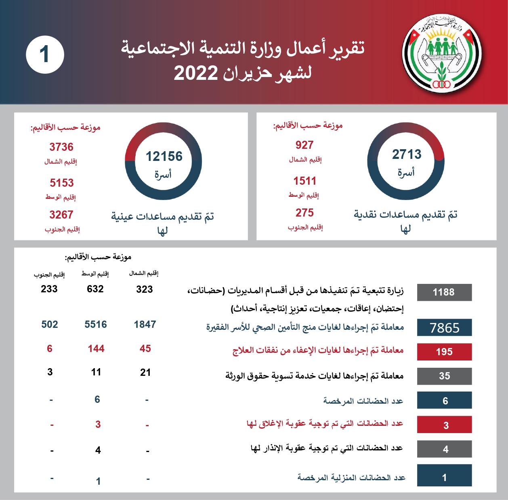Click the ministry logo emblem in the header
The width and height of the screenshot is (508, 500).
click(x=442, y=54)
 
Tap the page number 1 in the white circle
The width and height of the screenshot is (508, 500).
click(x=45, y=54)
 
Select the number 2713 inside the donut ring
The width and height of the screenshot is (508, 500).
click(x=407, y=154)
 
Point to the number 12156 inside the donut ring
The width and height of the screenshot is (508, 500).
click(x=164, y=156)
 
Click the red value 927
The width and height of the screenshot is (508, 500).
click(x=304, y=145)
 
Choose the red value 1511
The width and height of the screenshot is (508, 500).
click(x=305, y=181)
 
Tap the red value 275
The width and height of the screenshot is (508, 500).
click(x=304, y=213)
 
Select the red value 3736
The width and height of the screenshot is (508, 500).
click(x=61, y=147)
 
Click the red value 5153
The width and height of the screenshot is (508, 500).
click(x=62, y=183)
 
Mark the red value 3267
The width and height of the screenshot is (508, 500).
click(x=61, y=215)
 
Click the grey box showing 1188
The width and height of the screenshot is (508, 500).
click(x=444, y=292)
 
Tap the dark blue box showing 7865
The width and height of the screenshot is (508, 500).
click(x=444, y=328)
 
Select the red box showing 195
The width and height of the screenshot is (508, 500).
click(x=444, y=352)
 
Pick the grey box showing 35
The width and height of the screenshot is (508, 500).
click(x=444, y=376)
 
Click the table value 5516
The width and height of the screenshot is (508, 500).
click(x=96, y=325)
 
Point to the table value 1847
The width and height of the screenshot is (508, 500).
click(x=145, y=325)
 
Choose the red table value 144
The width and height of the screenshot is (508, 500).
click(x=96, y=349)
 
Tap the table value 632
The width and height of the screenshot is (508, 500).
click(x=95, y=289)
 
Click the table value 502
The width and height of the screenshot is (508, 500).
click(x=50, y=325)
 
